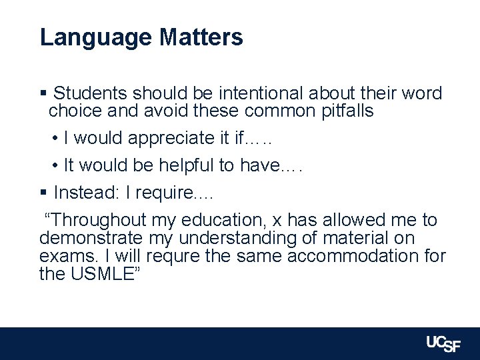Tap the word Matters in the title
pyautogui.click(x=201, y=37)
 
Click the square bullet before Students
pyautogui.click(x=43, y=93)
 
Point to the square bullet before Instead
pyautogui.click(x=43, y=193)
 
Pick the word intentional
pyautogui.click(x=257, y=93)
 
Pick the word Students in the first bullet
pyautogui.click(x=91, y=93)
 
